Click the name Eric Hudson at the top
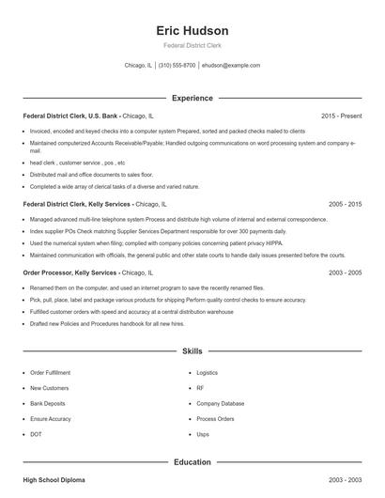tap(192, 30)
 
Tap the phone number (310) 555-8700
tap(177, 66)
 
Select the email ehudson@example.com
tap(231, 66)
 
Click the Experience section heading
tap(192, 98)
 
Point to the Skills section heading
tap(192, 351)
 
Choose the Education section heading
tap(192, 462)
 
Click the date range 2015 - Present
tap(341, 116)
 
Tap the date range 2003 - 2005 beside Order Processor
tap(345, 272)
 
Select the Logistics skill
tap(207, 372)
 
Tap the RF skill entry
tap(200, 387)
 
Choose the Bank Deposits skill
tap(48, 403)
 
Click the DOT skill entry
tap(36, 434)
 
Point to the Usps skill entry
tap(203, 434)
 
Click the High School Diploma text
tap(54, 480)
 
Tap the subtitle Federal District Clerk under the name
tap(192, 45)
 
